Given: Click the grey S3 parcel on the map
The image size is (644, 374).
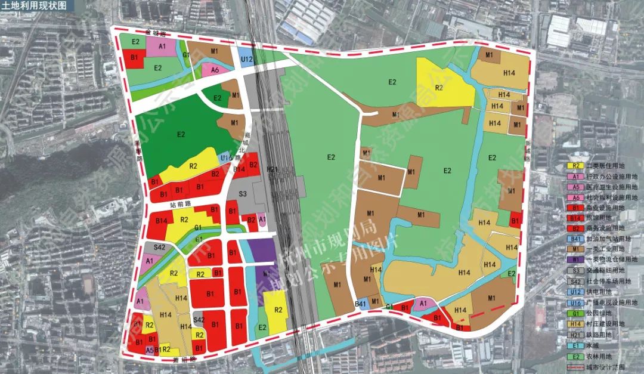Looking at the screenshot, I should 243,194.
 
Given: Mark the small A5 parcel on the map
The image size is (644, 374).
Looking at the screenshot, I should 149,350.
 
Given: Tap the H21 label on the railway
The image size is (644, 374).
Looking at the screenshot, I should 273,170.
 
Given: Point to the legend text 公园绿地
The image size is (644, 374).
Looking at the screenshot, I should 602,311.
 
